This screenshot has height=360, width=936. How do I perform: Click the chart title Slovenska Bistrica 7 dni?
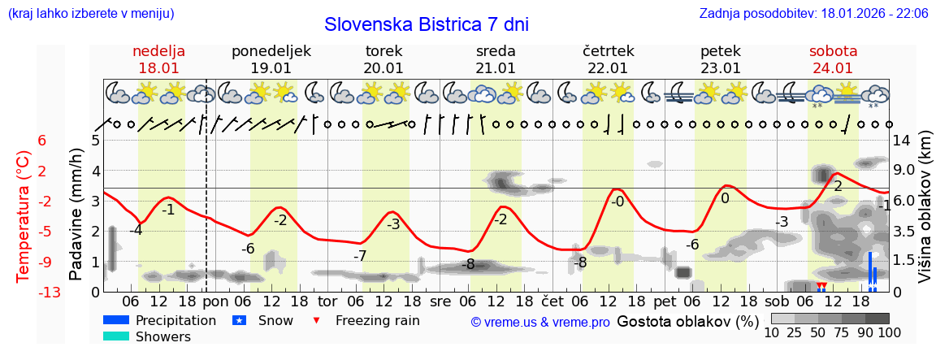click(x=426, y=24)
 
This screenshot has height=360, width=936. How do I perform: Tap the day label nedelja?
click(x=159, y=51)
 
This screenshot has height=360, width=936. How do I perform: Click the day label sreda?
click(x=496, y=51)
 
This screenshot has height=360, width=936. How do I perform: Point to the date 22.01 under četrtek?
click(x=608, y=68)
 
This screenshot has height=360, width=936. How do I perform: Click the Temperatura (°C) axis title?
click(x=24, y=216)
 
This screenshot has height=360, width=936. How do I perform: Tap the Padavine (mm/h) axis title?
click(x=76, y=215)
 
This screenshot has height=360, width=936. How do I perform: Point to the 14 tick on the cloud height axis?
click(x=903, y=140)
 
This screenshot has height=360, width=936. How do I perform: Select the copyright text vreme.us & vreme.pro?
click(x=540, y=322)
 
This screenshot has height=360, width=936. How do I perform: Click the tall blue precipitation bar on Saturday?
click(x=870, y=271)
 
